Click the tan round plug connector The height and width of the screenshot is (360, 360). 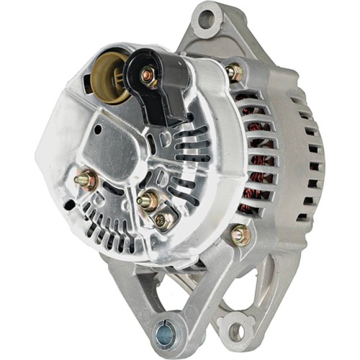coord(110,73)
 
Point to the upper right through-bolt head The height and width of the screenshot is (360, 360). coord(234,71)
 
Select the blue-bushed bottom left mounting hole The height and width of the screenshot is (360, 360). coord(165,333)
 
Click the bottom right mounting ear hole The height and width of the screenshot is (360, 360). coord(235,332)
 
